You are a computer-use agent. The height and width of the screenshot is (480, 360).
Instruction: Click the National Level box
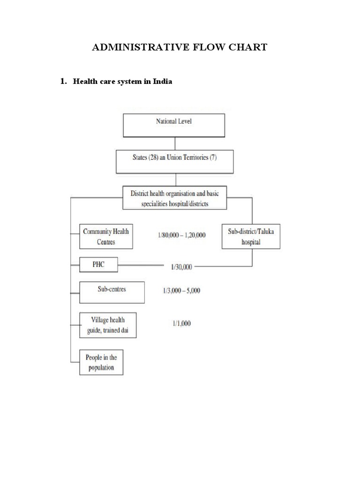pyautogui.click(x=174, y=125)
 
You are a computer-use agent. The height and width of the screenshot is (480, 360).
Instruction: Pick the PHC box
pyautogui.click(x=98, y=265)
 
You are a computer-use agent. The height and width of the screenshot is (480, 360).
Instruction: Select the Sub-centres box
pyautogui.click(x=112, y=292)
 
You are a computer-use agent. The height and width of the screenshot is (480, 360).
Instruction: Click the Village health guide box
pyautogui.click(x=108, y=325)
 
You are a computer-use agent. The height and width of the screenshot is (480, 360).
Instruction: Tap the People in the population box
pyautogui.click(x=101, y=362)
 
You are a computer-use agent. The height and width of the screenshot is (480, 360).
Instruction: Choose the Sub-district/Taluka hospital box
pyautogui.click(x=251, y=237)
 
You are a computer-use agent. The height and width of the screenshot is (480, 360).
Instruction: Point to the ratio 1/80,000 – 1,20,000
pyautogui.click(x=182, y=235)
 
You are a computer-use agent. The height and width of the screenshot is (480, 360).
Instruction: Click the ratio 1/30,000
pyautogui.click(x=180, y=266)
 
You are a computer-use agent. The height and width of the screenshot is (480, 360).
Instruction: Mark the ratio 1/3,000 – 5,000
pyautogui.click(x=179, y=291)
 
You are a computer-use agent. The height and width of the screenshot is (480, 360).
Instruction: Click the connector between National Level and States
pyautogui.click(x=175, y=143)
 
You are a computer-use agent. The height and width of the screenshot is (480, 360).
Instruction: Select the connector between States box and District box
pyautogui.click(x=175, y=180)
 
